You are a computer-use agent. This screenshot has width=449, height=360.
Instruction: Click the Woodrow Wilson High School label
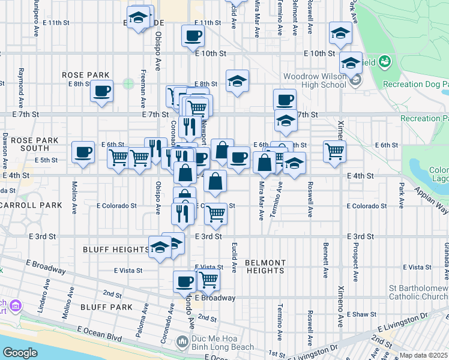pos(315,80)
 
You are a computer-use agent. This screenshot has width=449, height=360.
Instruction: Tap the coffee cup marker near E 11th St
pos(193,36)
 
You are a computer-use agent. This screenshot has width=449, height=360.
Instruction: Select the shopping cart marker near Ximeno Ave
pos(334,151)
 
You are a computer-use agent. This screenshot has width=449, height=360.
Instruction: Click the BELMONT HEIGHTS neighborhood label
pos(265,266)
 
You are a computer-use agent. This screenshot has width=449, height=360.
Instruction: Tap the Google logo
pos(20,353)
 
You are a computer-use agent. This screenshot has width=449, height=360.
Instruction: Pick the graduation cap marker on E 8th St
pos(238,81)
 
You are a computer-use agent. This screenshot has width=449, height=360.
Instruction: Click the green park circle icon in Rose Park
pos(128,83)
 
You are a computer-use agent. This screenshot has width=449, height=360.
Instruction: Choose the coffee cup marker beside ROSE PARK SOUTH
pos(83,152)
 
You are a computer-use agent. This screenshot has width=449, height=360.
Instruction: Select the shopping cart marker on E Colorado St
pos(215,214)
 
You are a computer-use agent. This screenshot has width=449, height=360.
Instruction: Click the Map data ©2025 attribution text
pos(424,356)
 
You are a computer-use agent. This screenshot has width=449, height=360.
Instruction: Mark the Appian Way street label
pos(431,199)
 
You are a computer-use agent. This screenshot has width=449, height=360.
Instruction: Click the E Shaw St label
pos(363,314)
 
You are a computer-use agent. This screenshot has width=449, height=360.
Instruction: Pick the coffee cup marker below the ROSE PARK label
pos(101,91)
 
